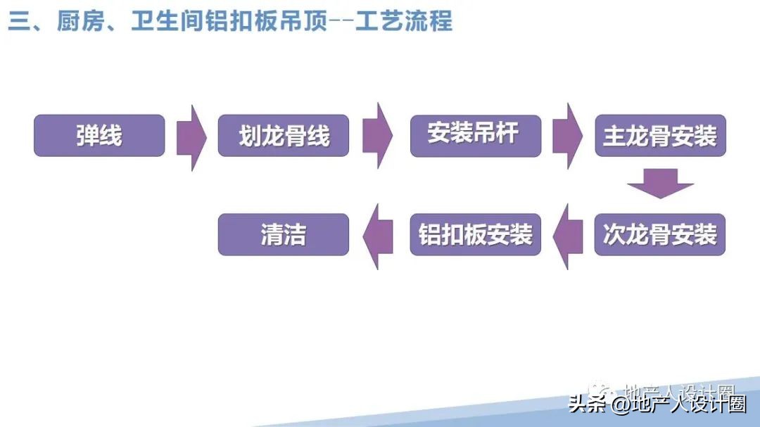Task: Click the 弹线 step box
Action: (99, 136)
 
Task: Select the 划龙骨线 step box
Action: (284, 136)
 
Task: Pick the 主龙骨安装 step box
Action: (659, 135)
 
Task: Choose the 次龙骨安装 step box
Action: (659, 234)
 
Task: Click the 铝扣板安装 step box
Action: (475, 234)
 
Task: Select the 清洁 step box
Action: (284, 234)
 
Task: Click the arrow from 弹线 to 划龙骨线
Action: (191, 137)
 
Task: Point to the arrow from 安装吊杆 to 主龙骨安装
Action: (567, 136)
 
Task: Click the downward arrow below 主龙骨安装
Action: (660, 184)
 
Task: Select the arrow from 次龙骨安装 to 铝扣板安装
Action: (569, 236)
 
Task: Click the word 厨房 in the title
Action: (77, 21)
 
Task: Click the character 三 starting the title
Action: (18, 21)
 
